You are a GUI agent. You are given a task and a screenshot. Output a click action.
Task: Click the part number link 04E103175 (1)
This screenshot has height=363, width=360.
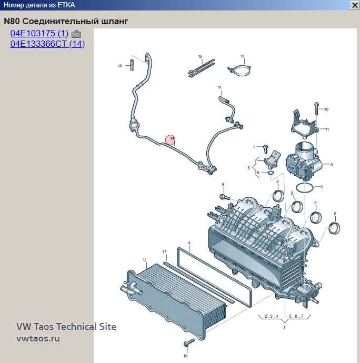[x=39, y=33]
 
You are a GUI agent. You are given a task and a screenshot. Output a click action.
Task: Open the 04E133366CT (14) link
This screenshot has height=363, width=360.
[x=47, y=44]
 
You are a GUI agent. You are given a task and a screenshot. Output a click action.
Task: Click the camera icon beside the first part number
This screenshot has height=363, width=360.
[x=76, y=34]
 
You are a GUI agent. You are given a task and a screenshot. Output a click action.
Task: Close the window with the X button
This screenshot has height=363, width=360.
[x=355, y=5]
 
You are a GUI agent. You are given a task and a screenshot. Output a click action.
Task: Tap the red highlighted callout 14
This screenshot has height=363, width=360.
[x=171, y=139]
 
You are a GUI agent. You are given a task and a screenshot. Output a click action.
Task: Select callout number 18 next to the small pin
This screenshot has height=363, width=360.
[x=120, y=66]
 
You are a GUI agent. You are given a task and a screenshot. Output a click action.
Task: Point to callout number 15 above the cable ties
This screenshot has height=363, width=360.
[x=200, y=56]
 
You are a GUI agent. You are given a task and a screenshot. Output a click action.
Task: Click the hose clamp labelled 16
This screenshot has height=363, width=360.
[x=240, y=70]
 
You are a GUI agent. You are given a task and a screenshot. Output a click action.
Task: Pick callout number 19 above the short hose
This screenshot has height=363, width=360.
[x=219, y=87]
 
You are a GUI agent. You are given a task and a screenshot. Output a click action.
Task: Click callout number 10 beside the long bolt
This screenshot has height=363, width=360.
[x=326, y=109]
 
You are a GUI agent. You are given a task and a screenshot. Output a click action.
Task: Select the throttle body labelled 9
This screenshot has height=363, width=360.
[x=304, y=161]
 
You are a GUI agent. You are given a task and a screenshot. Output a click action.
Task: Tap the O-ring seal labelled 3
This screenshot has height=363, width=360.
[x=305, y=187]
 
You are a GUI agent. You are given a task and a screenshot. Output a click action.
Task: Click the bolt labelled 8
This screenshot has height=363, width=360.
[x=225, y=197]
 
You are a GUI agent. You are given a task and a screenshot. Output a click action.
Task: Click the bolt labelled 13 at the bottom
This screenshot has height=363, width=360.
[x=189, y=342]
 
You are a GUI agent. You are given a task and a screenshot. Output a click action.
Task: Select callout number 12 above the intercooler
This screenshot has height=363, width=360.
[x=145, y=260]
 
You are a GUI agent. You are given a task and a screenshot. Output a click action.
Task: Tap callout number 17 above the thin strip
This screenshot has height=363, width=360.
[x=165, y=251]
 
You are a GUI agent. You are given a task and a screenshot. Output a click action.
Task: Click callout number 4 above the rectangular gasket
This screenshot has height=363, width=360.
[x=189, y=243]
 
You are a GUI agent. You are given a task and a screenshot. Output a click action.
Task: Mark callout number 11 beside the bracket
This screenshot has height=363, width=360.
[x=327, y=129]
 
